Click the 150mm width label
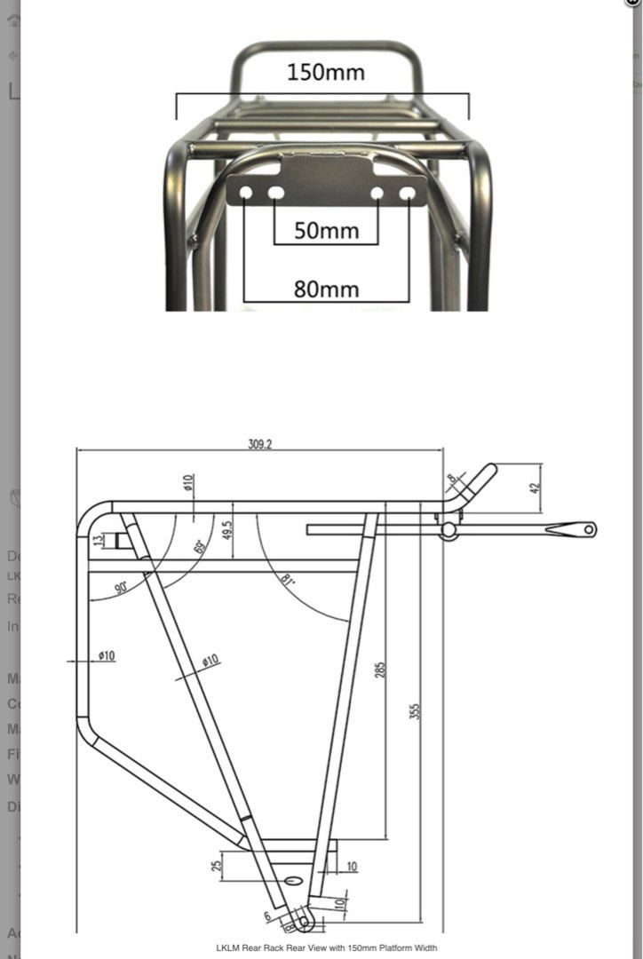pyautogui.click(x=325, y=72)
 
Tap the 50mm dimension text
pyautogui.click(x=326, y=231)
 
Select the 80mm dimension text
pyautogui.click(x=326, y=289)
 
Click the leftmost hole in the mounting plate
pyautogui.click(x=246, y=193)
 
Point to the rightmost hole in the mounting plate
pyautogui.click(x=408, y=193)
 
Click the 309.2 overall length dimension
pyautogui.click(x=259, y=444)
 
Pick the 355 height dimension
pyautogui.click(x=415, y=710)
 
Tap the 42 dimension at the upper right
pyautogui.click(x=534, y=487)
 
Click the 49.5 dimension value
pyautogui.click(x=227, y=530)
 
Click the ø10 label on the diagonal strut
pyautogui.click(x=210, y=661)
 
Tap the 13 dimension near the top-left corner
pyautogui.click(x=98, y=538)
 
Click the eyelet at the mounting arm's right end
pyautogui.click(x=587, y=529)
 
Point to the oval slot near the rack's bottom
pyautogui.click(x=294, y=880)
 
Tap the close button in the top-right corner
pyautogui.click(x=632, y=3)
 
